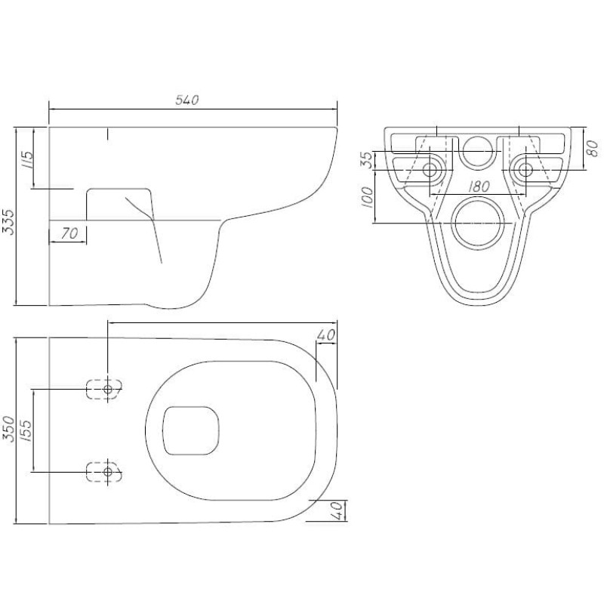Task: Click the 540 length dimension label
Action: click(187, 100)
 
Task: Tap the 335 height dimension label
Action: click(8, 222)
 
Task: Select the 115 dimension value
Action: click(27, 161)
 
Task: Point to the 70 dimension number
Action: click(69, 233)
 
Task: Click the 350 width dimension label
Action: click(8, 429)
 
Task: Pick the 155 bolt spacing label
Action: click(26, 430)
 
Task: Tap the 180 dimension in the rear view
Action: click(478, 186)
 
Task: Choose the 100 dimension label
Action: click(368, 197)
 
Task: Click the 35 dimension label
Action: click(367, 160)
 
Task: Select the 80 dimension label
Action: click(593, 149)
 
